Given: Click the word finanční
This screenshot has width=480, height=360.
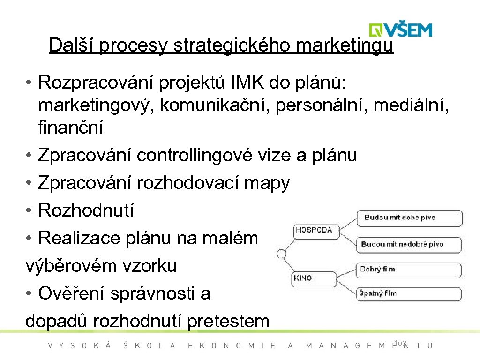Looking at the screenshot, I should pyautogui.click(x=71, y=127).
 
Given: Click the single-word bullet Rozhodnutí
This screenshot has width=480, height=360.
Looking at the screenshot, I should pyautogui.click(x=86, y=210).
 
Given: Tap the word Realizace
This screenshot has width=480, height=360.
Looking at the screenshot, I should pyautogui.click(x=75, y=238).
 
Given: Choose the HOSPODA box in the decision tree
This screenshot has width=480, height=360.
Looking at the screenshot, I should pyautogui.click(x=314, y=230).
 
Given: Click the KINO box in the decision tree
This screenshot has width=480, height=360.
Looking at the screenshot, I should pyautogui.click(x=303, y=278).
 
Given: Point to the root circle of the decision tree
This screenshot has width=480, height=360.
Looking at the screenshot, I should pyautogui.click(x=281, y=254).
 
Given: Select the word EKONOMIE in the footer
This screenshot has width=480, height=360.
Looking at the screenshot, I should pyautogui.click(x=232, y=346).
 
